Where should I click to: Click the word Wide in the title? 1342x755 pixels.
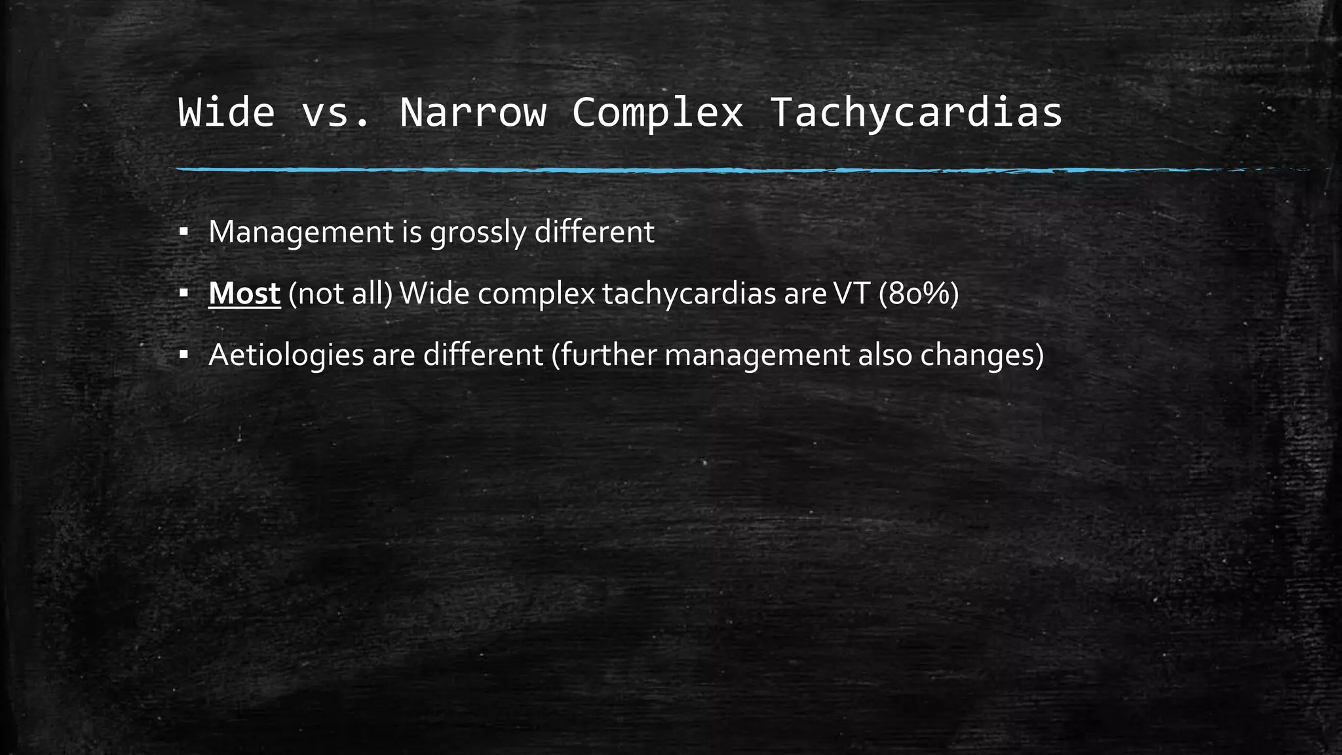[226, 112]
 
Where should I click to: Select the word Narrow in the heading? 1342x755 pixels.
[472, 112]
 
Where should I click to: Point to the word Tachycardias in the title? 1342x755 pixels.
[915, 112]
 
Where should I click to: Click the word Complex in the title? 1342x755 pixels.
[657, 112]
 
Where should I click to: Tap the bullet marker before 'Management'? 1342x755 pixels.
[183, 232]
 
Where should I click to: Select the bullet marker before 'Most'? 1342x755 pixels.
[183, 294]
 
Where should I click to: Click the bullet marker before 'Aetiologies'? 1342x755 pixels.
[183, 355]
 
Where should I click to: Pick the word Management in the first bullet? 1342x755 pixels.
[301, 232]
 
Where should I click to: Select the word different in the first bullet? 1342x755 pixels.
[594, 232]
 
